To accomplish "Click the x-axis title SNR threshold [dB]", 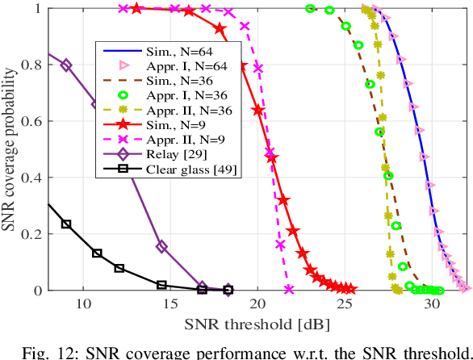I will point(257,326).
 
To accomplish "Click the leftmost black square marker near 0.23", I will point(66,224).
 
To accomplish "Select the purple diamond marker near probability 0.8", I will point(66,65).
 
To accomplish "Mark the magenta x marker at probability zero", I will point(289,290).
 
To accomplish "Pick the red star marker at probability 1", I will point(136,9).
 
